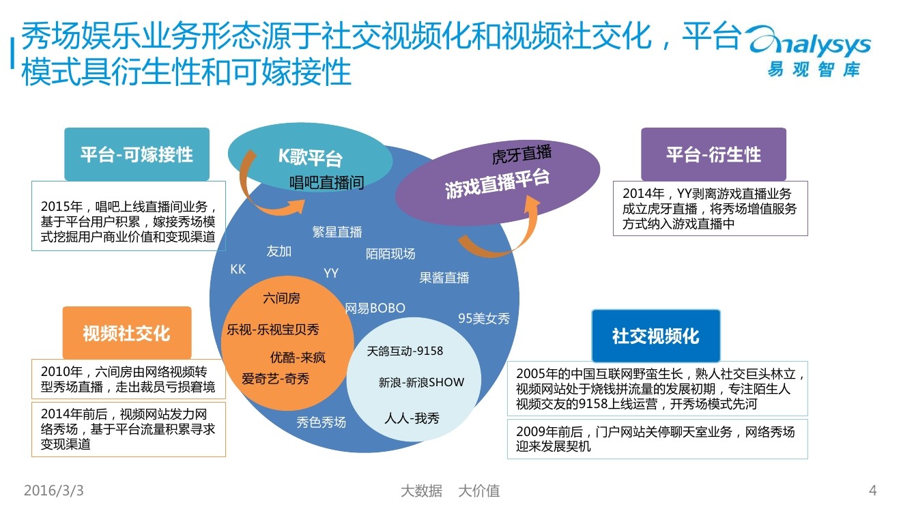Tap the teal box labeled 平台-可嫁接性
click(137, 154)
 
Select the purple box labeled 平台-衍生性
click(713, 154)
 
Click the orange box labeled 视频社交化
click(126, 333)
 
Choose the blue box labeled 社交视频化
click(655, 336)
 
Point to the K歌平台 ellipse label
click(309, 158)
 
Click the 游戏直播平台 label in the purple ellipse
click(497, 184)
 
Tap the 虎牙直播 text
click(521, 154)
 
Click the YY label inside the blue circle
click(331, 274)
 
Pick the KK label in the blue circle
click(238, 270)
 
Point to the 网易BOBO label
click(375, 308)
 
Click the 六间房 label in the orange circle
click(281, 298)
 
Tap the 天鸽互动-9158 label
click(405, 351)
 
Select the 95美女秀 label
click(484, 318)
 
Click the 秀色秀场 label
click(321, 422)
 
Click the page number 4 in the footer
click(872, 491)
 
